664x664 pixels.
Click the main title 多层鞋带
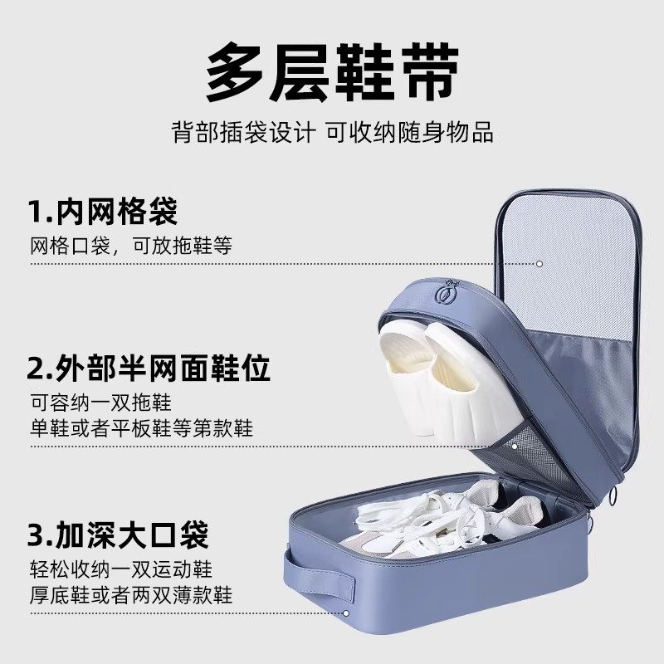click(x=332, y=74)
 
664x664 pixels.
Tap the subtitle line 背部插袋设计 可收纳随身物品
click(x=332, y=132)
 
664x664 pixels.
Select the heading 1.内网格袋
click(x=103, y=212)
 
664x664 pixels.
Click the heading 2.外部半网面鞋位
click(x=149, y=368)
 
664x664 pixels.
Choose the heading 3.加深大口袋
click(x=117, y=535)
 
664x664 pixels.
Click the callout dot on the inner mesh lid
click(x=539, y=263)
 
